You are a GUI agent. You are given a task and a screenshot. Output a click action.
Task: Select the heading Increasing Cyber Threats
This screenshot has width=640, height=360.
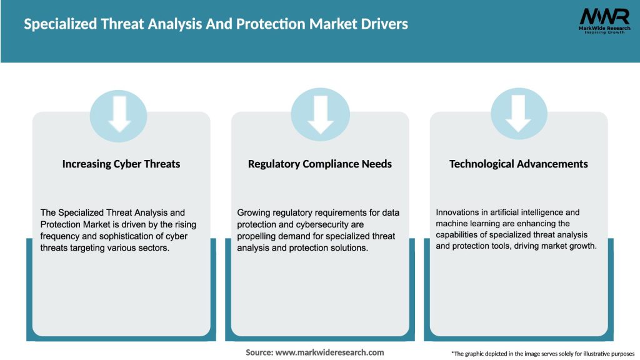pos(121,164)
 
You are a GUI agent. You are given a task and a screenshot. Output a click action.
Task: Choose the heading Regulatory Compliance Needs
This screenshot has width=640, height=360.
pos(320,164)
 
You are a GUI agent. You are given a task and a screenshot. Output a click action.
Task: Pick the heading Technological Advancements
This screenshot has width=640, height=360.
pos(519,164)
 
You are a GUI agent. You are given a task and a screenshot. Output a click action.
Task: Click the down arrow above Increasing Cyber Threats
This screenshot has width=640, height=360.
pos(120,113)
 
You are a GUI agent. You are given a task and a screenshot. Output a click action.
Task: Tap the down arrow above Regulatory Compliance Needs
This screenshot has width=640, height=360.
pos(320,113)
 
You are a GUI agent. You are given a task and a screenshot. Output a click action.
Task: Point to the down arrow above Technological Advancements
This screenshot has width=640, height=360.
pos(518,113)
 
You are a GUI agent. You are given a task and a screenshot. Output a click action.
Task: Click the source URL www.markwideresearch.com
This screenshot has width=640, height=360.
pos(329,352)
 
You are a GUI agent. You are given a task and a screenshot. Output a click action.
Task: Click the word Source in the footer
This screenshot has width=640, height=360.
pos(259,352)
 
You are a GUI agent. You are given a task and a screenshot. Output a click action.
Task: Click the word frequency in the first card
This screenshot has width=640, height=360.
pos(61,236)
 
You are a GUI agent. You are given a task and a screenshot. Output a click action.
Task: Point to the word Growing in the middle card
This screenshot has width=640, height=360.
pos(254,213)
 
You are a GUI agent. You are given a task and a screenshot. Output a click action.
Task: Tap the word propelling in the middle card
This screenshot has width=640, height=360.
pos(257,236)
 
